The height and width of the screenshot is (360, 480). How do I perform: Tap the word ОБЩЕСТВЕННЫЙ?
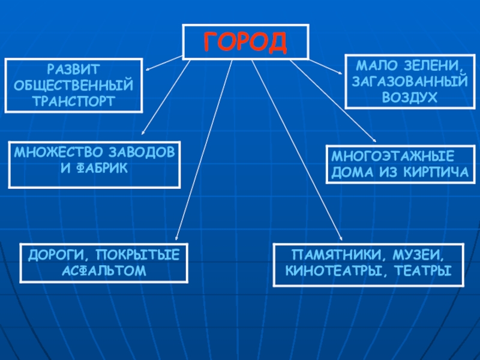coord(74,86)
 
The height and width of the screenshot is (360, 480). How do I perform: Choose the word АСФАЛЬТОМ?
coord(104,271)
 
